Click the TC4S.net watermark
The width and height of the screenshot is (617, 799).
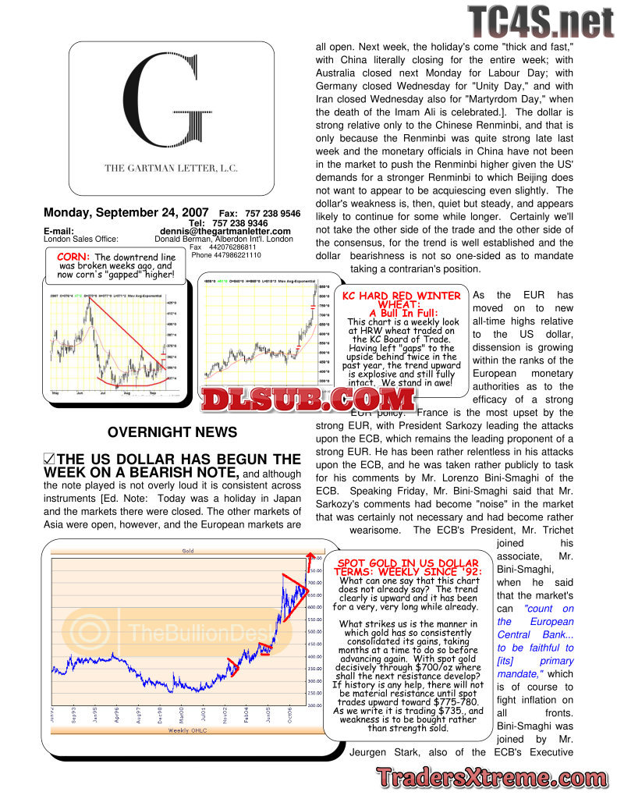[x=541, y=21]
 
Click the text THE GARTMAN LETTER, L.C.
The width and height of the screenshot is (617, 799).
[x=172, y=168]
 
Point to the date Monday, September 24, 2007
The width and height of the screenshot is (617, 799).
[x=126, y=212]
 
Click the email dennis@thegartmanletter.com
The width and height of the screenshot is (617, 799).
[x=225, y=231]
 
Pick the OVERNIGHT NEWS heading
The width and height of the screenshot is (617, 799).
[x=172, y=431]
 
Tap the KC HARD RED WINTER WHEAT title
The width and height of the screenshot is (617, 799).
[x=401, y=300]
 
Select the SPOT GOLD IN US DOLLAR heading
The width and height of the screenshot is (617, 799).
[x=406, y=567]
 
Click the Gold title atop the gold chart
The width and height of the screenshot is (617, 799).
[x=188, y=551]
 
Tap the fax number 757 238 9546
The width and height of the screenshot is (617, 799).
[x=270, y=213]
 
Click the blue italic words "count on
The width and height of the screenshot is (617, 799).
[x=548, y=609]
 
